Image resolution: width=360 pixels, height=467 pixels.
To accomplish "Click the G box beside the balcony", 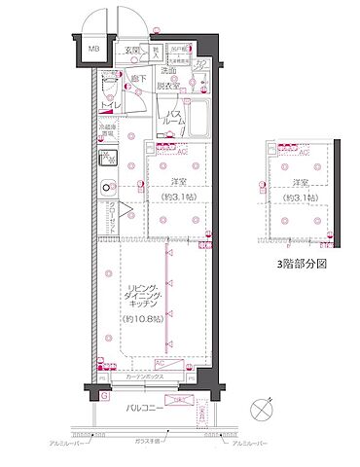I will pos(103,395).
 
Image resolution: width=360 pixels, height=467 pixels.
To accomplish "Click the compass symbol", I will pos(259,409).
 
